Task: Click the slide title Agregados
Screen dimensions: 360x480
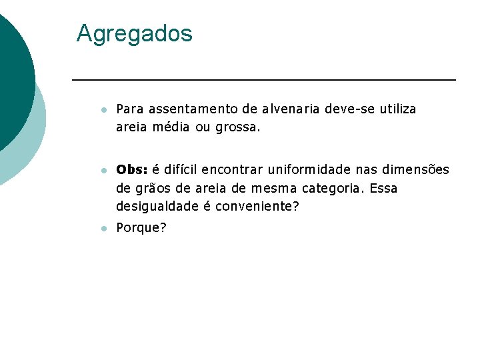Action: pyautogui.click(x=134, y=33)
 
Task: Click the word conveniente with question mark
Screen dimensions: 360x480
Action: pyautogui.click(x=257, y=207)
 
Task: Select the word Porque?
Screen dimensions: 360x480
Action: pyautogui.click(x=141, y=228)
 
